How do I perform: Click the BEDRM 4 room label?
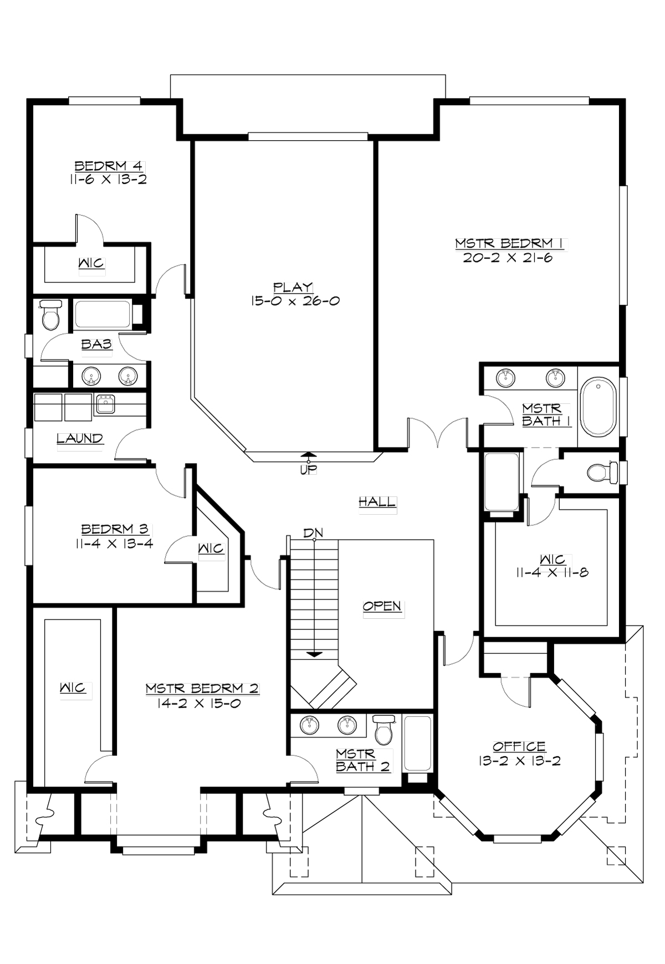109,166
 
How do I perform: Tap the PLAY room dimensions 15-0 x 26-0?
294,301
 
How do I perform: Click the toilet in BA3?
51,316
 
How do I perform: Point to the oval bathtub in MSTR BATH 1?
598,407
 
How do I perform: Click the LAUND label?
80,438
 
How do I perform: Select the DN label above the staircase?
313,533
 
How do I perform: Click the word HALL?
377,502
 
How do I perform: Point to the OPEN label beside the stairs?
382,606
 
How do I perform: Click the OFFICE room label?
519,746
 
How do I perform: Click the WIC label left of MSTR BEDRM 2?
73,688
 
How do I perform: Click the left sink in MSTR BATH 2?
309,725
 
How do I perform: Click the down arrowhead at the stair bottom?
314,654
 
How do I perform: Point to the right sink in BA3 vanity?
127,376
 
